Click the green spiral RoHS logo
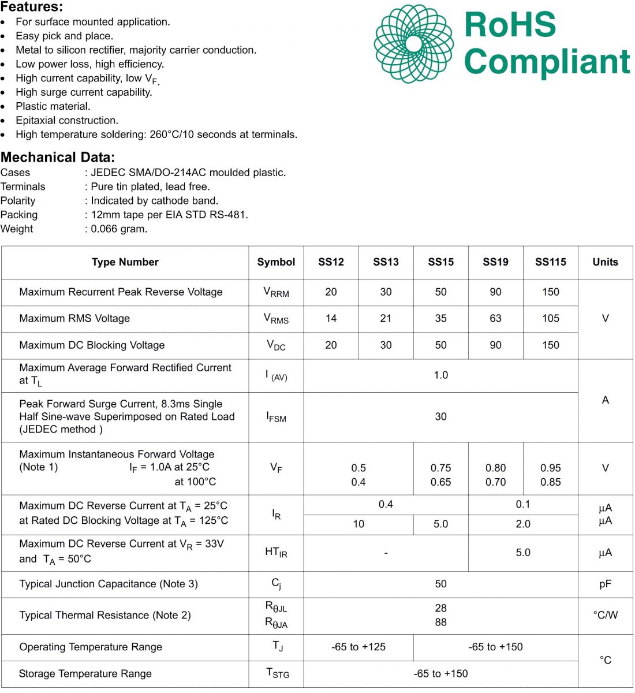413,44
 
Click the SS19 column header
495,262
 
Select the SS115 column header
550,262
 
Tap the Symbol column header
276,262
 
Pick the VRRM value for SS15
440,292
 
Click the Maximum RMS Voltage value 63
495,318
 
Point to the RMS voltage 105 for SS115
550,318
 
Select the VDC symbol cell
276,345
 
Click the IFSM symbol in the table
276,417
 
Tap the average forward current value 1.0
440,375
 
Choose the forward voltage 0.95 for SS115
550,468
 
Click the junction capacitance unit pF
605,584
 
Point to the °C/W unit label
605,616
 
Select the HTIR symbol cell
276,553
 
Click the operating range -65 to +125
358,647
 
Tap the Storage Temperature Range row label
85,674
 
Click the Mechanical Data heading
58,157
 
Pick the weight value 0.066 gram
119,229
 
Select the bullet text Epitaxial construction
67,121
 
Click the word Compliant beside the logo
547,61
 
